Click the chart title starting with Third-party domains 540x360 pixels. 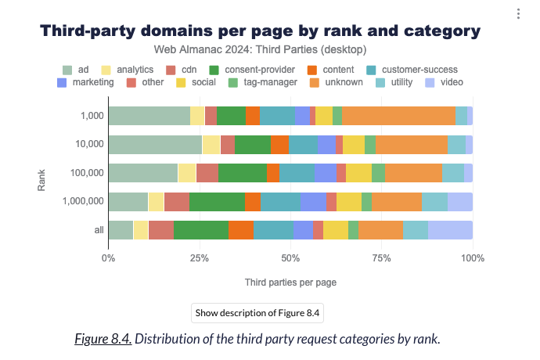pos(260,31)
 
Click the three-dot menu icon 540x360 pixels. pos(518,13)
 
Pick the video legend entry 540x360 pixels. pos(445,82)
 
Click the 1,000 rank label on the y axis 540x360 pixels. pos(92,116)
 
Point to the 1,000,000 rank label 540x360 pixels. pos(82,201)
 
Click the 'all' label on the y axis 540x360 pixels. pos(97,230)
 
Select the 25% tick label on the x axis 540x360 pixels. pos(200,256)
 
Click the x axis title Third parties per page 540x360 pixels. pos(290,280)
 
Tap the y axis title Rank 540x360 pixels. pos(42,173)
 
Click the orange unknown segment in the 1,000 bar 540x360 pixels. pos(398,116)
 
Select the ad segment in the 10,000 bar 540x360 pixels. pos(155,144)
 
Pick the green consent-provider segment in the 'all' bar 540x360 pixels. pos(201,230)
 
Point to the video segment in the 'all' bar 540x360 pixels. pos(450,230)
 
